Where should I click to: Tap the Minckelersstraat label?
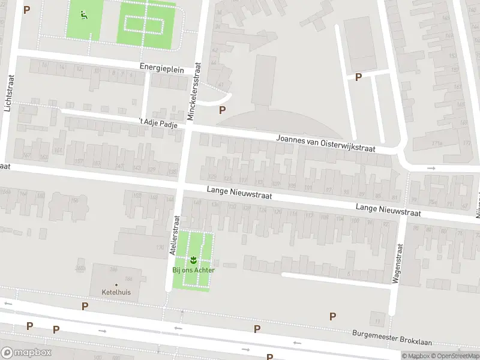point(196,92)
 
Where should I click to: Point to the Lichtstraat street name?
point(8,93)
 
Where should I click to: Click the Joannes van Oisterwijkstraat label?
point(326,142)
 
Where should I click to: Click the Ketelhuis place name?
point(116,292)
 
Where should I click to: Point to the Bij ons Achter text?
point(194,270)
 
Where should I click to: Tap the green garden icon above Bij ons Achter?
point(194,260)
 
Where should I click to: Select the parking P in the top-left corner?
point(26,10)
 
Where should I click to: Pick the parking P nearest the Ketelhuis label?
point(85,306)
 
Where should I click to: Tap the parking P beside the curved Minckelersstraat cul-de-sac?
point(223,110)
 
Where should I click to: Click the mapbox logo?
point(26,353)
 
